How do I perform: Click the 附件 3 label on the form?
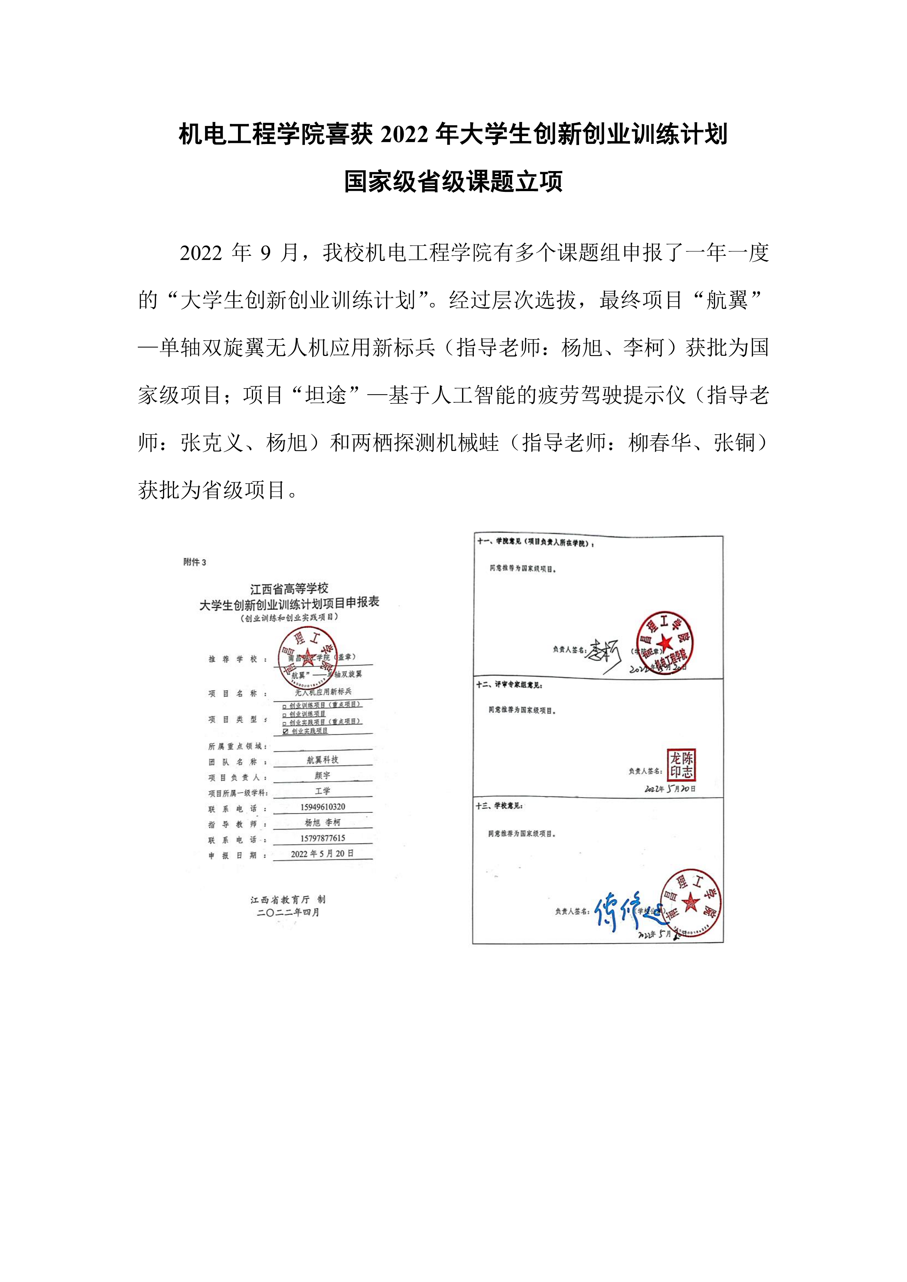[194, 562]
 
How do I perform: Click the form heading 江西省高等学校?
[289, 588]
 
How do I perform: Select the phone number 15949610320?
[322, 807]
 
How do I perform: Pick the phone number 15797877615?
[322, 838]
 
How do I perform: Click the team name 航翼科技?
[322, 760]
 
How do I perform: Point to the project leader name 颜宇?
[322, 775]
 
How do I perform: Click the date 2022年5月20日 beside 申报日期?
[322, 854]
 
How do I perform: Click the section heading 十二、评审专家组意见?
[509, 685]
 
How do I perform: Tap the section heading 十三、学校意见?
[499, 806]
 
